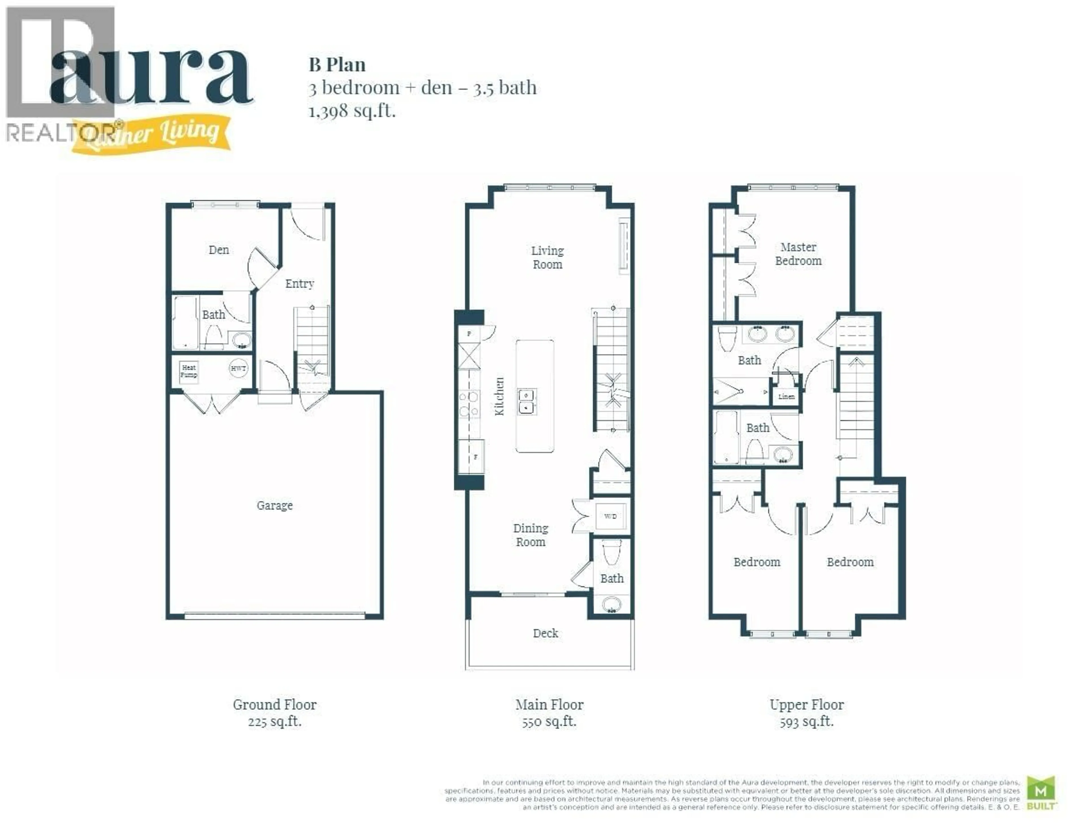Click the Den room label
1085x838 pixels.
(x=219, y=250)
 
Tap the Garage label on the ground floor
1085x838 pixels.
(x=274, y=505)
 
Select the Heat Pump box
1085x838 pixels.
(x=189, y=371)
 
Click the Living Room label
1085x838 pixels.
(x=548, y=257)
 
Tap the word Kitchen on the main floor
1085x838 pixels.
(x=499, y=396)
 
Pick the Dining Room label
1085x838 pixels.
(x=531, y=535)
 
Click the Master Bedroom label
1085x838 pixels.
(x=798, y=254)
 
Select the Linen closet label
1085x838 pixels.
(x=786, y=396)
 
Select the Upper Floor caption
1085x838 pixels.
(x=806, y=704)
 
